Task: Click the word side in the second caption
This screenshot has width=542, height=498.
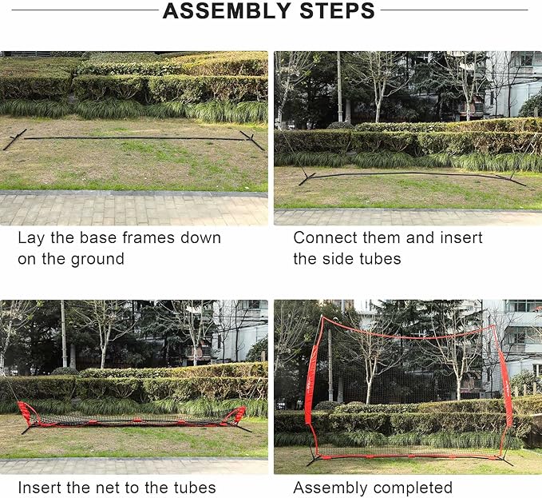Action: click(342, 258)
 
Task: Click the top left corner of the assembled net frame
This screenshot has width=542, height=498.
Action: click(322, 317)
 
